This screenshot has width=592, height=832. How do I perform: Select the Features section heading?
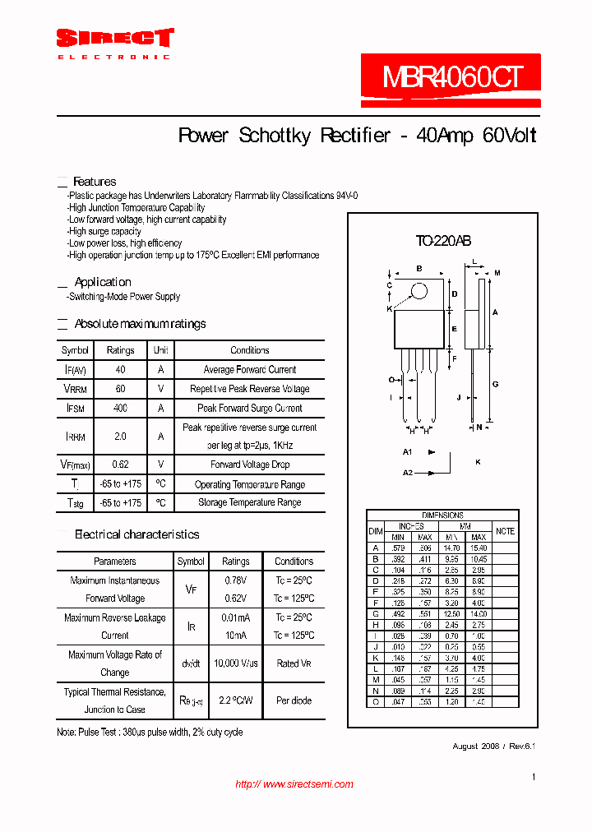95,182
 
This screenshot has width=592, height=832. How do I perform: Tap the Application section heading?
103,282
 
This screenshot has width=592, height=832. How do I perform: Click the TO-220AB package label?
443,241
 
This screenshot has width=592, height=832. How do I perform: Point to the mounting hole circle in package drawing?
419,291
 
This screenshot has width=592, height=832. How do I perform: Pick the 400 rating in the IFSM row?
121,408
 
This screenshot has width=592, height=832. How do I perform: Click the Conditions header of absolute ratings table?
250,350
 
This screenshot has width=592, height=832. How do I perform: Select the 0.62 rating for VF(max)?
121,465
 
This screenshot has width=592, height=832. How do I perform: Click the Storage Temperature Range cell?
250,502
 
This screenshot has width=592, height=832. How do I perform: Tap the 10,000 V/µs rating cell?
236,663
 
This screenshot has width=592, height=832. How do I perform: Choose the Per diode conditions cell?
294,701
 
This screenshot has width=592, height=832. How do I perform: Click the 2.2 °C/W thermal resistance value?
236,701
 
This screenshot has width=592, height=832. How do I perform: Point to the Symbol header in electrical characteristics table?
191,562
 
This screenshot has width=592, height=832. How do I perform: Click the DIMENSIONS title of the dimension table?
442,515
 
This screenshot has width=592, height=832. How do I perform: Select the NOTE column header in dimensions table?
506,531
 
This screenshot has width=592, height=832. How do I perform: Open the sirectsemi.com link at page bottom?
294,784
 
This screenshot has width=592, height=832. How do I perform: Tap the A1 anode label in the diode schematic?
407,452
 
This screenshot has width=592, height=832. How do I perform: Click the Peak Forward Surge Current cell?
250,408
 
